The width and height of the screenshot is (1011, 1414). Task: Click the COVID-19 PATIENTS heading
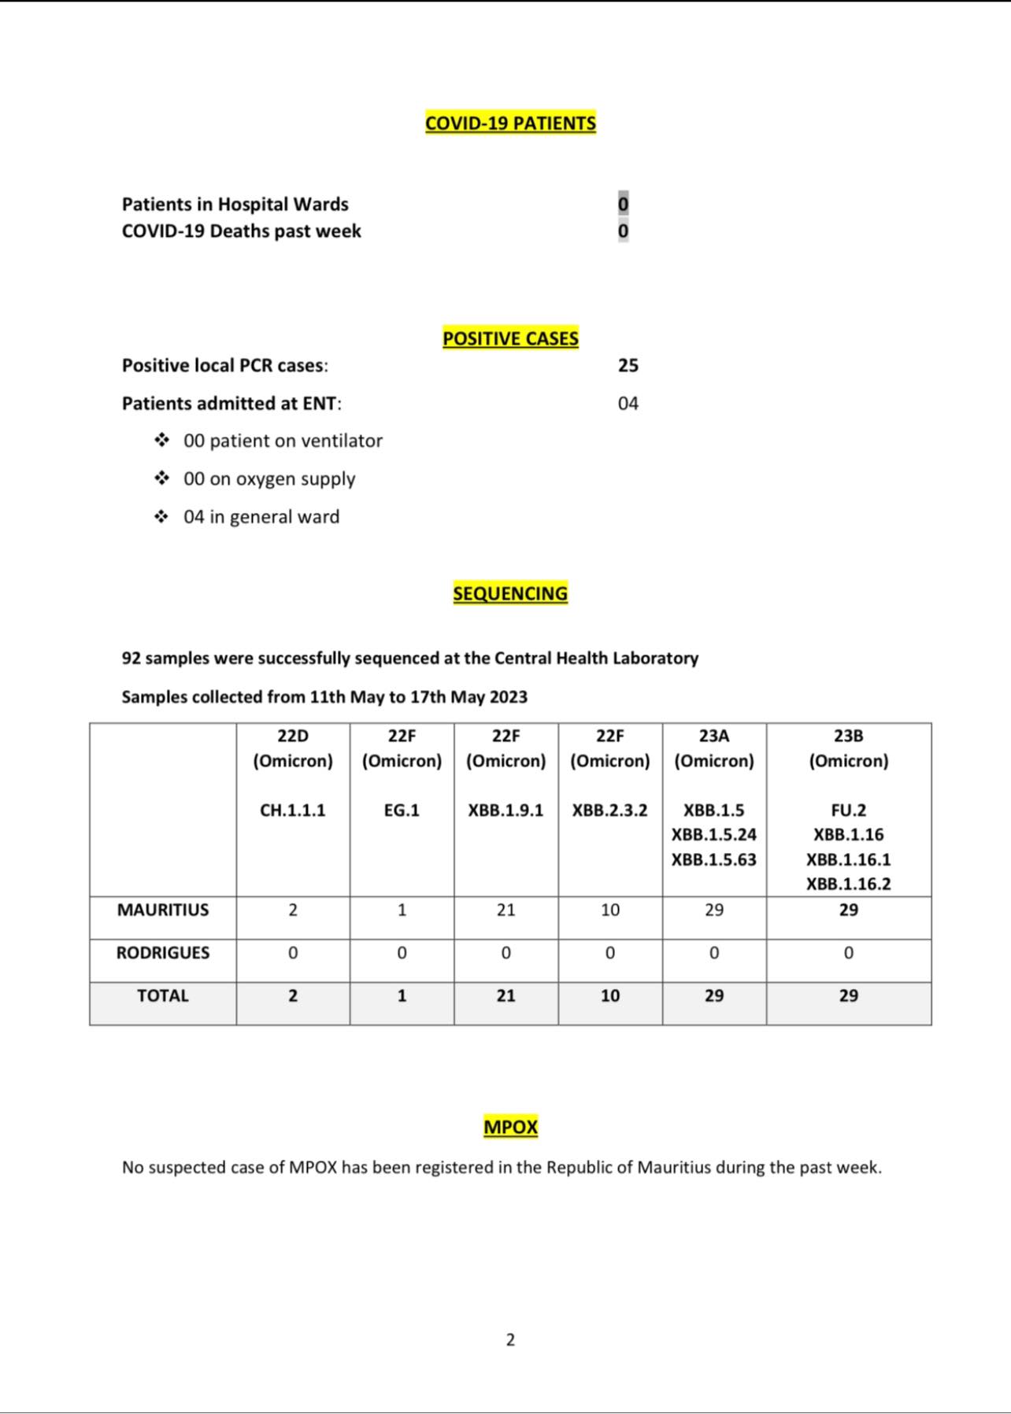point(510,124)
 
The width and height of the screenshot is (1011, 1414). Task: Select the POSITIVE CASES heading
point(510,338)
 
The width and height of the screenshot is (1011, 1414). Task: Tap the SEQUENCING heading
point(510,593)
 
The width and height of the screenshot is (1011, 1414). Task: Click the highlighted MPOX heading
point(510,1127)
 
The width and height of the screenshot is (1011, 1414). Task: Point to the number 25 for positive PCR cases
point(628,365)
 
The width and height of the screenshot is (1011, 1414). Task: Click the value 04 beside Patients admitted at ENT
point(628,404)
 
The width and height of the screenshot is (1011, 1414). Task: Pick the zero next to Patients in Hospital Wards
point(623,204)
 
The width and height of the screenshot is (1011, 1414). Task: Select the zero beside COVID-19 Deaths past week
point(623,231)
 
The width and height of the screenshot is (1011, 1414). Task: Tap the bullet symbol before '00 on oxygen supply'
point(161,478)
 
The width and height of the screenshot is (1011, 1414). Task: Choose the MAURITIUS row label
point(163,910)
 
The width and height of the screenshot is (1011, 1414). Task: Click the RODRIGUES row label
point(163,953)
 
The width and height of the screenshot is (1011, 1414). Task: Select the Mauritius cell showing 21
point(505,910)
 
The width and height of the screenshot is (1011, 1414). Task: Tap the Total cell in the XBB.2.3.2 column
point(610,995)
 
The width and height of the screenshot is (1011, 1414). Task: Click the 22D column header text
point(293,736)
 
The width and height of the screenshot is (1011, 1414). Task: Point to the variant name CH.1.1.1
point(293,810)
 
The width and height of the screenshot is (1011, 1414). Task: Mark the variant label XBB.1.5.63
point(713,859)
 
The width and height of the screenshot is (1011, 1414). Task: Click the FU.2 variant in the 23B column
point(848,810)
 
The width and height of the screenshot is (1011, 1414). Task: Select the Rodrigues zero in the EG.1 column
point(402,953)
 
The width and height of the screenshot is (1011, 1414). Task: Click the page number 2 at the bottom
point(510,1339)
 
